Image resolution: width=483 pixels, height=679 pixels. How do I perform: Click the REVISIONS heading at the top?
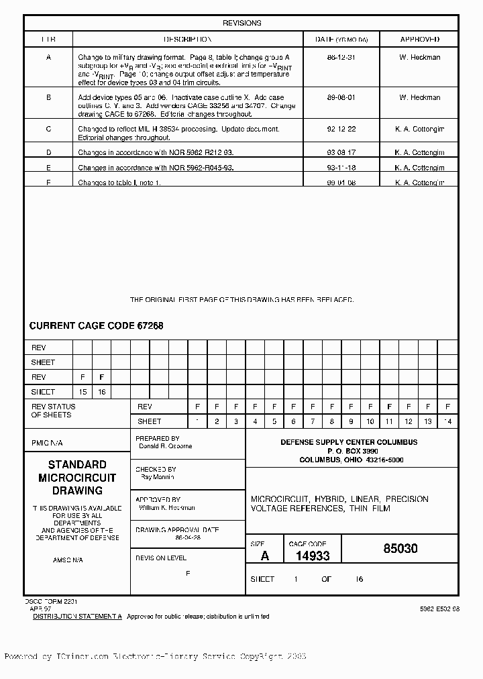click(241, 23)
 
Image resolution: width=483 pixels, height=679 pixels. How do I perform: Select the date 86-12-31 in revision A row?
click(341, 58)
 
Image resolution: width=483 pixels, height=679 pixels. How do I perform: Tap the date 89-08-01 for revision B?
click(341, 98)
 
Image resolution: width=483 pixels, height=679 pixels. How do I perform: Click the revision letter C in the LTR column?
click(48, 129)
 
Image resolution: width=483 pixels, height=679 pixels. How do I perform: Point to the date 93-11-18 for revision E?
click(341, 168)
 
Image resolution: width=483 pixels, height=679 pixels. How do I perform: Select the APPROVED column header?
click(419, 40)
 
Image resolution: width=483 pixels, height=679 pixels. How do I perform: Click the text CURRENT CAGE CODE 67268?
click(96, 326)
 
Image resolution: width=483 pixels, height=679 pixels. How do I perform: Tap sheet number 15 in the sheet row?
click(83, 392)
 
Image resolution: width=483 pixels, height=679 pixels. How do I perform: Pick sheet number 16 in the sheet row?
click(102, 392)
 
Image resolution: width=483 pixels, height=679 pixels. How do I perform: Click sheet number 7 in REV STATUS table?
click(313, 421)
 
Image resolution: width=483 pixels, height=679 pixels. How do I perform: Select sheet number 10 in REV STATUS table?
click(370, 421)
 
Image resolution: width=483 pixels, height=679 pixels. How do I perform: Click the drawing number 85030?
click(400, 549)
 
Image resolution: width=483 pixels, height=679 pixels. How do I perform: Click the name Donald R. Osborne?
click(166, 446)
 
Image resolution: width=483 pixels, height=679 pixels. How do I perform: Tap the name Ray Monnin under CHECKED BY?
click(158, 477)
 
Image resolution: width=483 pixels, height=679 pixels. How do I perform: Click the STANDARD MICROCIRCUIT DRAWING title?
click(77, 478)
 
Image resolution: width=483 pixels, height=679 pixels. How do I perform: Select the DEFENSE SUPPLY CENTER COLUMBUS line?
click(349, 442)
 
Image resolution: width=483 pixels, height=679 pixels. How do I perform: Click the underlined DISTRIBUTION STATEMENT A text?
click(77, 616)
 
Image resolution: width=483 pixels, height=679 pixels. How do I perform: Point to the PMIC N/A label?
click(47, 443)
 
